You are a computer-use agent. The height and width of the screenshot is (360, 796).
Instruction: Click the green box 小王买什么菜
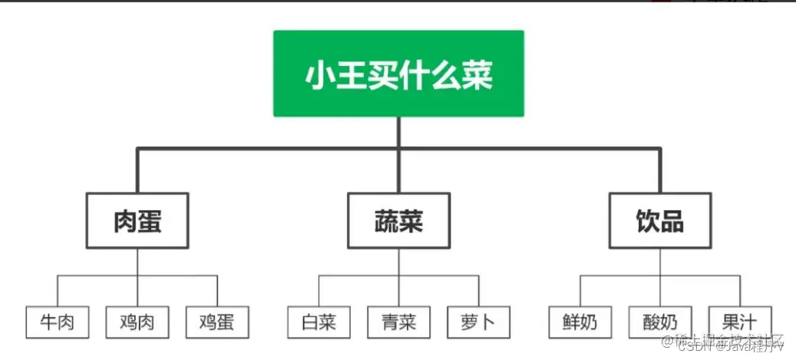pyautogui.click(x=398, y=74)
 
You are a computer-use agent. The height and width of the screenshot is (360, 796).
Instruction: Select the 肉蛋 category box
pyautogui.click(x=137, y=221)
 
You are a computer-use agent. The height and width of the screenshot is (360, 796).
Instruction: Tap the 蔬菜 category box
pyautogui.click(x=398, y=221)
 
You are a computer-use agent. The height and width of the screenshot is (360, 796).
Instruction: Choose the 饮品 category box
pyautogui.click(x=659, y=221)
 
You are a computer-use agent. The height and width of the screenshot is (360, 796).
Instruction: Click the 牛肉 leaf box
pyautogui.click(x=57, y=322)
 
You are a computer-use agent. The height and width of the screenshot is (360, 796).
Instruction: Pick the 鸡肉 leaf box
pyautogui.click(x=137, y=322)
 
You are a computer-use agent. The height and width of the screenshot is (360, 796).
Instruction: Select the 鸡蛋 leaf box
pyautogui.click(x=217, y=322)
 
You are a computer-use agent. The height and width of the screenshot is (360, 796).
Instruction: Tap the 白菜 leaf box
pyautogui.click(x=319, y=322)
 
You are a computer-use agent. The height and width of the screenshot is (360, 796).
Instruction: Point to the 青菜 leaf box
pyautogui.click(x=398, y=322)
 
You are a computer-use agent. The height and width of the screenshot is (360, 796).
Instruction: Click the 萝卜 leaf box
pyautogui.click(x=478, y=322)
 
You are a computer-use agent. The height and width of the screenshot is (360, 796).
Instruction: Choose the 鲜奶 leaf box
pyautogui.click(x=580, y=322)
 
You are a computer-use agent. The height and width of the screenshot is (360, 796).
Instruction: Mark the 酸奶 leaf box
pyautogui.click(x=659, y=322)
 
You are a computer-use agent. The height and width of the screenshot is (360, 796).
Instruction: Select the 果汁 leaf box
pyautogui.click(x=740, y=321)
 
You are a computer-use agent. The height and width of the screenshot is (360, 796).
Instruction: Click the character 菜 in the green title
pyautogui.click(x=477, y=75)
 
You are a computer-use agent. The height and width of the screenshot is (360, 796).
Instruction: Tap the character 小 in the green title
pyautogui.click(x=321, y=75)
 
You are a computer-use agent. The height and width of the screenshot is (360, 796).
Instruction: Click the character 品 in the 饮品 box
pyautogui.click(x=673, y=221)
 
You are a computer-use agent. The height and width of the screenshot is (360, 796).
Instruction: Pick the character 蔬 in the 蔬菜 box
pyautogui.click(x=385, y=221)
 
